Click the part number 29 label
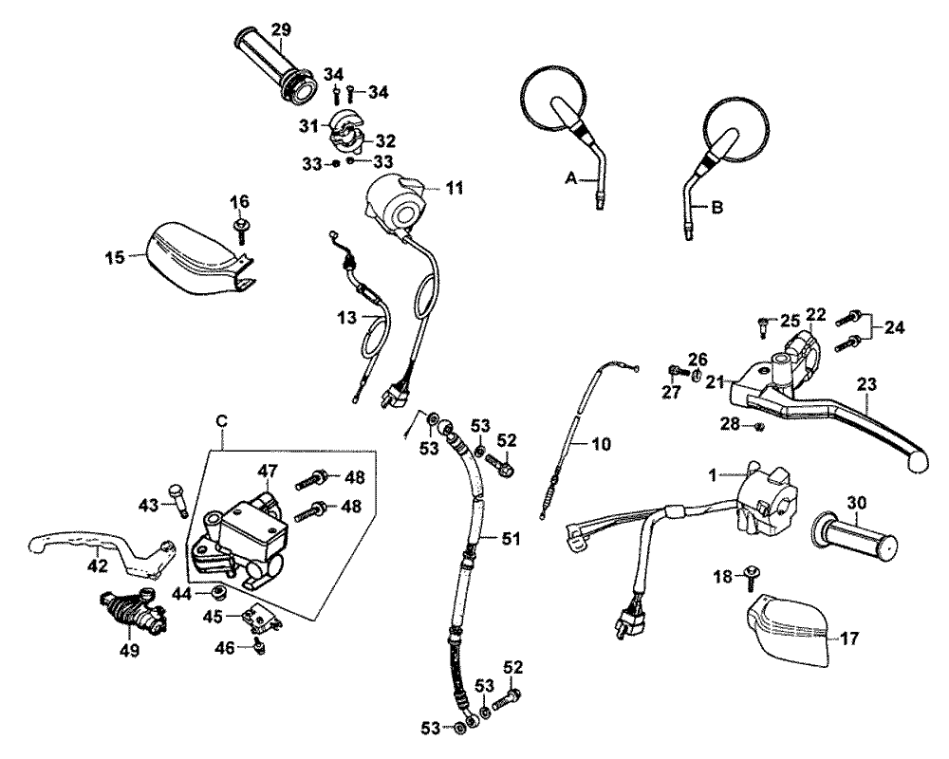click(279, 29)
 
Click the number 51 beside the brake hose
click(512, 538)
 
